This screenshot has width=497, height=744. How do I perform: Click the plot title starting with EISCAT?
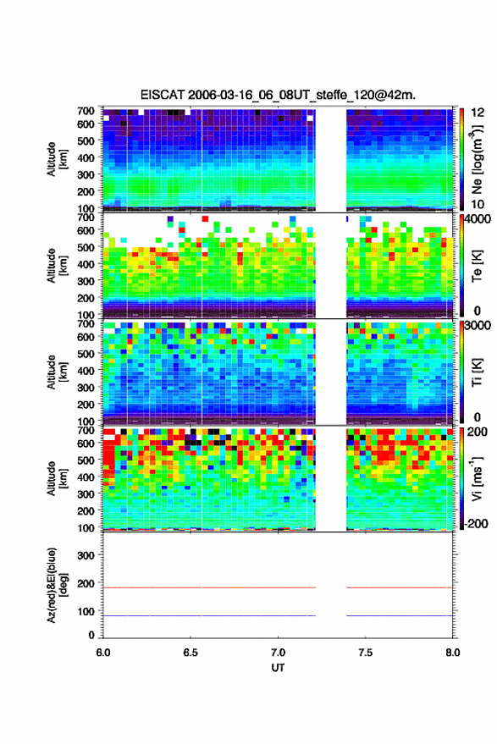[278, 95]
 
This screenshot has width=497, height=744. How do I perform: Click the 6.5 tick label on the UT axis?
[191, 653]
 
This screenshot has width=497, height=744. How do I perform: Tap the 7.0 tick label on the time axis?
[279, 653]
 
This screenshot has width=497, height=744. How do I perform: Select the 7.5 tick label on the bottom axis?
[365, 653]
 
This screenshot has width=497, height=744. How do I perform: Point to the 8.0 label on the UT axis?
[452, 653]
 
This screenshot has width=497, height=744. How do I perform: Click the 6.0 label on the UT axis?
[103, 653]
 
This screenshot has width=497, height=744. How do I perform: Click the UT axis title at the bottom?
[278, 668]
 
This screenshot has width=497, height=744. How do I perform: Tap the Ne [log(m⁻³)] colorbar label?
[477, 159]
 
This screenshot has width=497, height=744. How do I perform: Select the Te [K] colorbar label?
[477, 266]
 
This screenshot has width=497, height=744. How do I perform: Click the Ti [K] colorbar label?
[477, 372]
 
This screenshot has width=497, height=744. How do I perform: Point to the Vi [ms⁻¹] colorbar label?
[477, 478]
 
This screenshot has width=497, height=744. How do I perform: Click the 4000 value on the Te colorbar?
[478, 219]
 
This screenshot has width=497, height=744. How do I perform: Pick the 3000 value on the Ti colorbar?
[478, 326]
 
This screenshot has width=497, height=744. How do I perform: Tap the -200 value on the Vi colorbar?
[476, 524]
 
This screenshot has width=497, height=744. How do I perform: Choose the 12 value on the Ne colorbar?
[478, 113]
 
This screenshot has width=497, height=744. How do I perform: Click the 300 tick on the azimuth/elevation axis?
[86, 555]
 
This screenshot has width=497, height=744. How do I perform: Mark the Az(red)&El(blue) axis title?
[57, 585]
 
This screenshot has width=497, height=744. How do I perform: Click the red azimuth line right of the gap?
[400, 587]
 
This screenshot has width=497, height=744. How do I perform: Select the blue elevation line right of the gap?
[400, 615]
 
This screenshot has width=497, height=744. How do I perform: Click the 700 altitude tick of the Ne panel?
[86, 111]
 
